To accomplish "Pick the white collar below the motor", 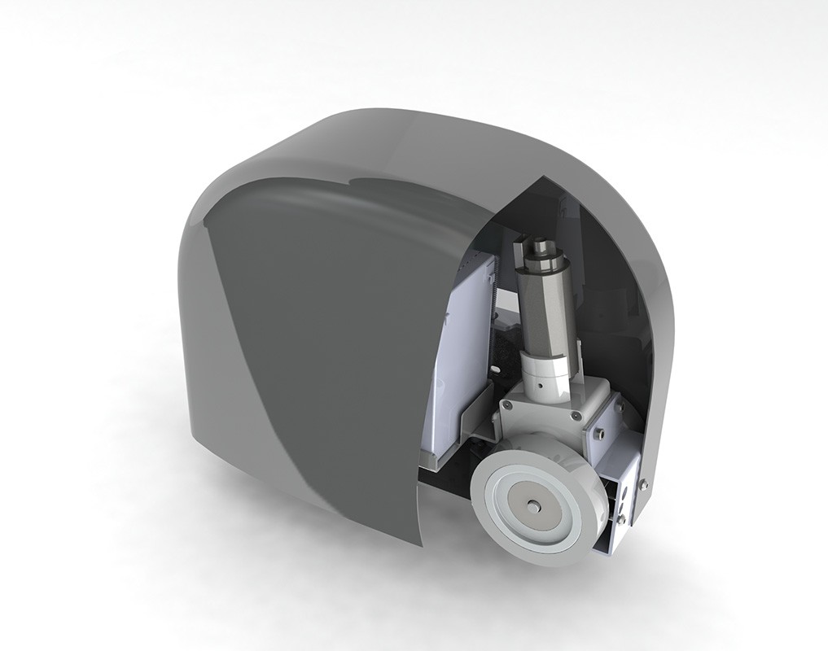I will click(550, 378).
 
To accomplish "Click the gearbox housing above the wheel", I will click(537, 423).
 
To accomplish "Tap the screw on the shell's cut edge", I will click(644, 486).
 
